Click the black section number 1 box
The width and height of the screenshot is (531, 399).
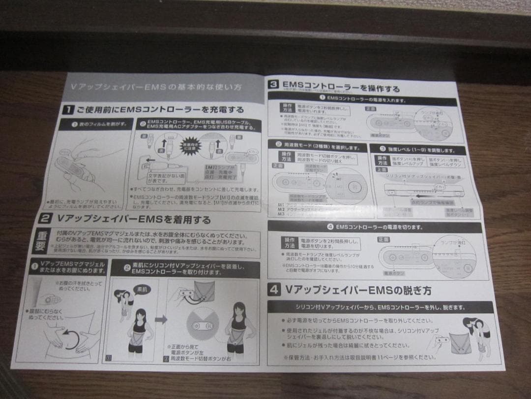click(x=68, y=109)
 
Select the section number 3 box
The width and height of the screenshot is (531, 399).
click(x=273, y=84)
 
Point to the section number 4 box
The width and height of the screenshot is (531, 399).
click(x=274, y=290)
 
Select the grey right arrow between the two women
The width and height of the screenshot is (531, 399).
click(x=161, y=319)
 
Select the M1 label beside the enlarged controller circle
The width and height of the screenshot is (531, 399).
click(x=325, y=179)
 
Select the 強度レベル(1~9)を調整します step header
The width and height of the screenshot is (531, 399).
click(x=421, y=149)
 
